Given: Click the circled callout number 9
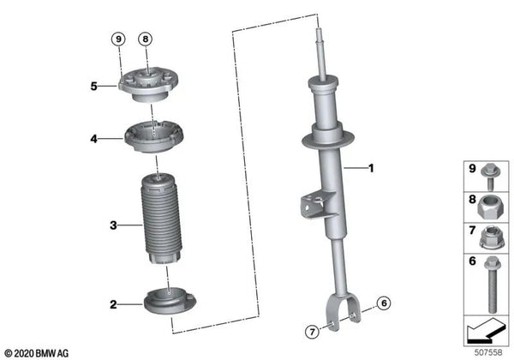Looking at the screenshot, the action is (x=118, y=39).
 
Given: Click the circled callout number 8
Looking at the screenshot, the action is (x=146, y=39).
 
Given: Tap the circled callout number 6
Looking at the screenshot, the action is (x=384, y=303).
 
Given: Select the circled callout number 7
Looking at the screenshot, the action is (x=312, y=332).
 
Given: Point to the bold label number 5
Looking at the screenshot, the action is (x=94, y=87).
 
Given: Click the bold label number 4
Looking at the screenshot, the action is (x=94, y=139).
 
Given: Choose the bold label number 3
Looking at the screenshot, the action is (x=113, y=225).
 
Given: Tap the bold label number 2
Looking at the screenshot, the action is (x=113, y=304).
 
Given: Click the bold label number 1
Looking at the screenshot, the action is (x=371, y=168).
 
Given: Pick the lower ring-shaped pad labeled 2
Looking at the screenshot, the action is (x=170, y=301).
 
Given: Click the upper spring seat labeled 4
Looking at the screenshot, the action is (x=154, y=136).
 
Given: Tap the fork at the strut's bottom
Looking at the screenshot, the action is (x=343, y=311).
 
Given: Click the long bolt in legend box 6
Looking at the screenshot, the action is (x=491, y=285).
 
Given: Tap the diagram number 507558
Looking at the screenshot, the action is (x=488, y=352).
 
